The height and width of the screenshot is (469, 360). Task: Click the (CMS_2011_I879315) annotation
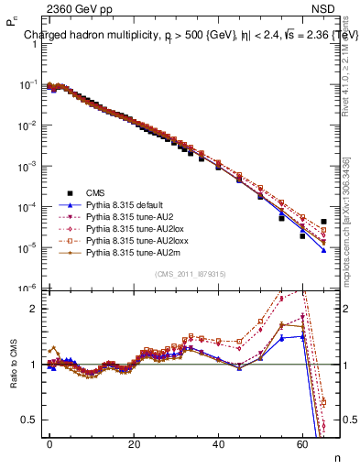coord(191,274)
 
